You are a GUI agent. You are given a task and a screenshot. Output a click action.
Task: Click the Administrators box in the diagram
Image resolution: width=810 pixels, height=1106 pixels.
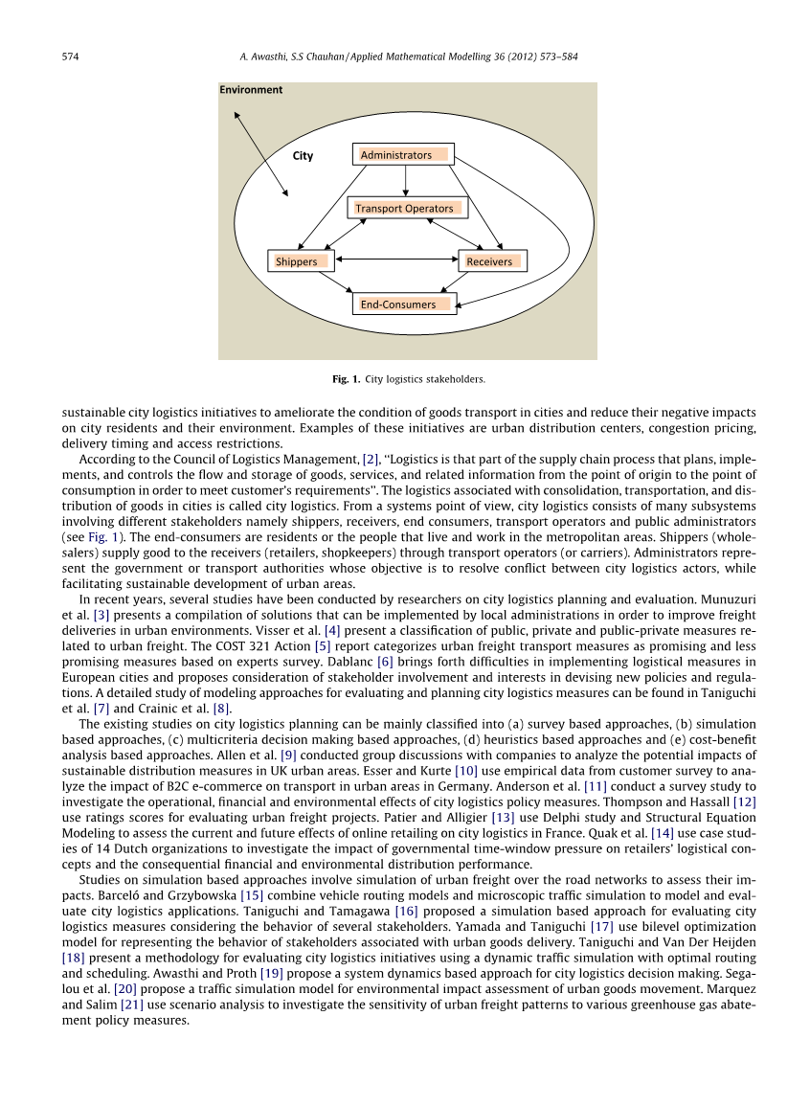tap(402, 154)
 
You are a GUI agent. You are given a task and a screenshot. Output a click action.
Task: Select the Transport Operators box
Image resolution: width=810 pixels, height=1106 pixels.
tap(404, 208)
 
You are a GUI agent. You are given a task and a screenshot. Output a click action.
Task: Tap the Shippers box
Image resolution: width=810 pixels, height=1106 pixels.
tap(301, 260)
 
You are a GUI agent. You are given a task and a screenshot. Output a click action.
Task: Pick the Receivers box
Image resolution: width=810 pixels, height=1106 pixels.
tap(491, 260)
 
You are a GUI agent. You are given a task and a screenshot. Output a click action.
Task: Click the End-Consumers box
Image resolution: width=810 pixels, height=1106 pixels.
tap(405, 305)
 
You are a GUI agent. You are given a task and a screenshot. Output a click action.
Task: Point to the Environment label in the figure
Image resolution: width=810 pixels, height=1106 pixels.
tap(252, 90)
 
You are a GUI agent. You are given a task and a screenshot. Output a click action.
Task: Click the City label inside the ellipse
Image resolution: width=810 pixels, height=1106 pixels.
tap(303, 156)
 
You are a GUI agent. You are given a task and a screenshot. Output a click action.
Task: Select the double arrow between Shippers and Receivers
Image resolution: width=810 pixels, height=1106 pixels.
tap(395, 259)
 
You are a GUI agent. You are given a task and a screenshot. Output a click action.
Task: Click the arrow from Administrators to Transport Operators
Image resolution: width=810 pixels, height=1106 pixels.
tap(406, 181)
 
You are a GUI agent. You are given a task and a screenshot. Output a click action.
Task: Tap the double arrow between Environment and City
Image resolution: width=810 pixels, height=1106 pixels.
tap(261, 154)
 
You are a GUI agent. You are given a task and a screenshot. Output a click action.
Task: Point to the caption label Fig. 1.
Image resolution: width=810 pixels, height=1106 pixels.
tap(346, 379)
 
